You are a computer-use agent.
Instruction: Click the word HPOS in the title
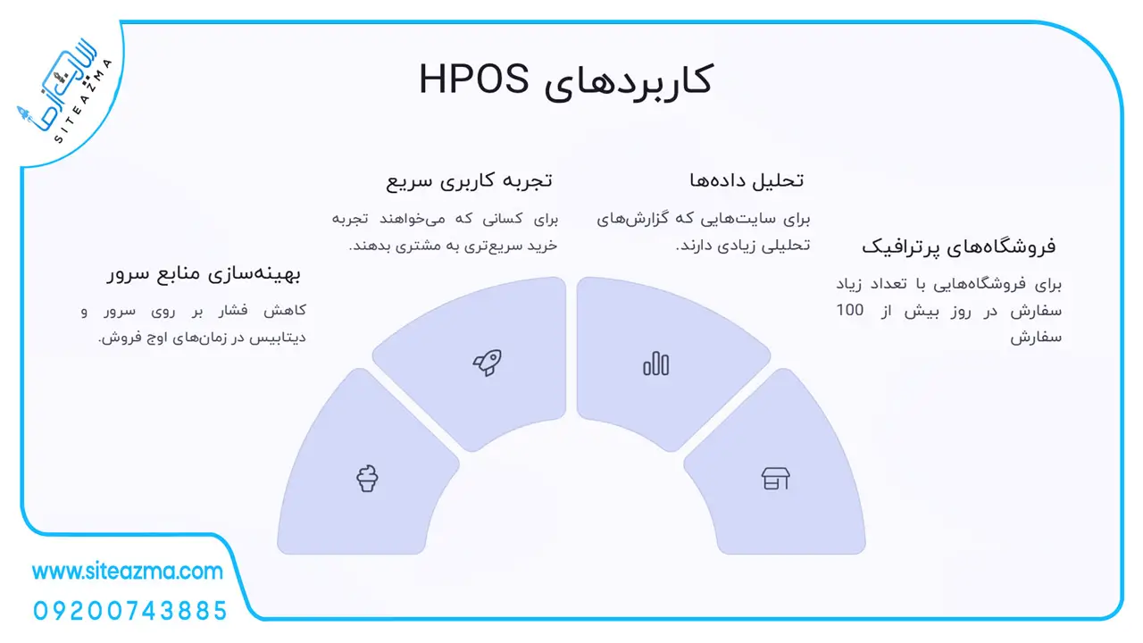point(473,79)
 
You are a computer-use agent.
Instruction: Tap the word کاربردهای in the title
point(628,81)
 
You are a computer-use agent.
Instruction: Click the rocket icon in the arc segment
point(488,363)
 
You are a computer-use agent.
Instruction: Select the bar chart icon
point(656,363)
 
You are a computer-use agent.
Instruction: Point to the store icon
point(776,478)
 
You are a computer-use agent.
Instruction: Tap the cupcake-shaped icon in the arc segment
point(367,478)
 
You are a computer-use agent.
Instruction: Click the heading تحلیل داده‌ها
point(747,180)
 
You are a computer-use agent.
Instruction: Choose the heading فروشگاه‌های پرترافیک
point(959,247)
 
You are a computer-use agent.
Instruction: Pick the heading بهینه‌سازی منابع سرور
point(204,274)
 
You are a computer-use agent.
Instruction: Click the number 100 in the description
point(850,310)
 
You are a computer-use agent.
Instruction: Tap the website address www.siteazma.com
point(128,572)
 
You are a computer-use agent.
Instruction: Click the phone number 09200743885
point(130,611)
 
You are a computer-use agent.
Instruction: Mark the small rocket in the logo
point(24,113)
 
